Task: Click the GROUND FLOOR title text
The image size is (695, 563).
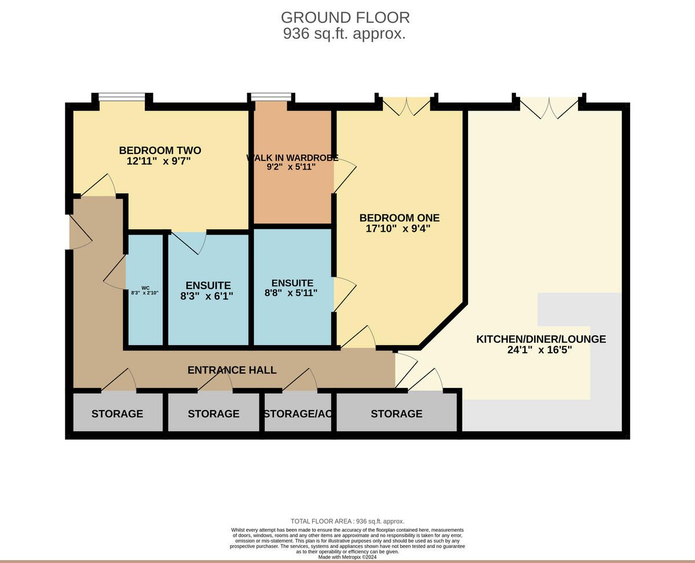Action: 345,17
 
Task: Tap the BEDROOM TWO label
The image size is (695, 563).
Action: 160,151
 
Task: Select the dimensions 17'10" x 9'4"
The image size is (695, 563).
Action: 399,229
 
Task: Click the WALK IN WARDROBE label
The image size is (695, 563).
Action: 292,158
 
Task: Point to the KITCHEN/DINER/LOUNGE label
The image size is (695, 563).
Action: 541,339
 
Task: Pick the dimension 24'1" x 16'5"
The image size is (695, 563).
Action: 541,350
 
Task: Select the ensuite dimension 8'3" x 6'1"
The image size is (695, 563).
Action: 208,296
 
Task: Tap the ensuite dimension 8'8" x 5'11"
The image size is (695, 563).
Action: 292,294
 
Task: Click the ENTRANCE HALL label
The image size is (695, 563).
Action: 232,370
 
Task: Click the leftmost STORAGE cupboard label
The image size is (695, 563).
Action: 117,414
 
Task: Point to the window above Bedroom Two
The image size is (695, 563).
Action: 122,97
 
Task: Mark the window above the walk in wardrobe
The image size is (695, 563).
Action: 270,97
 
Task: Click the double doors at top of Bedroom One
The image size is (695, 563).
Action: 407,105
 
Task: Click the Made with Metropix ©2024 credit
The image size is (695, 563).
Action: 347,557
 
